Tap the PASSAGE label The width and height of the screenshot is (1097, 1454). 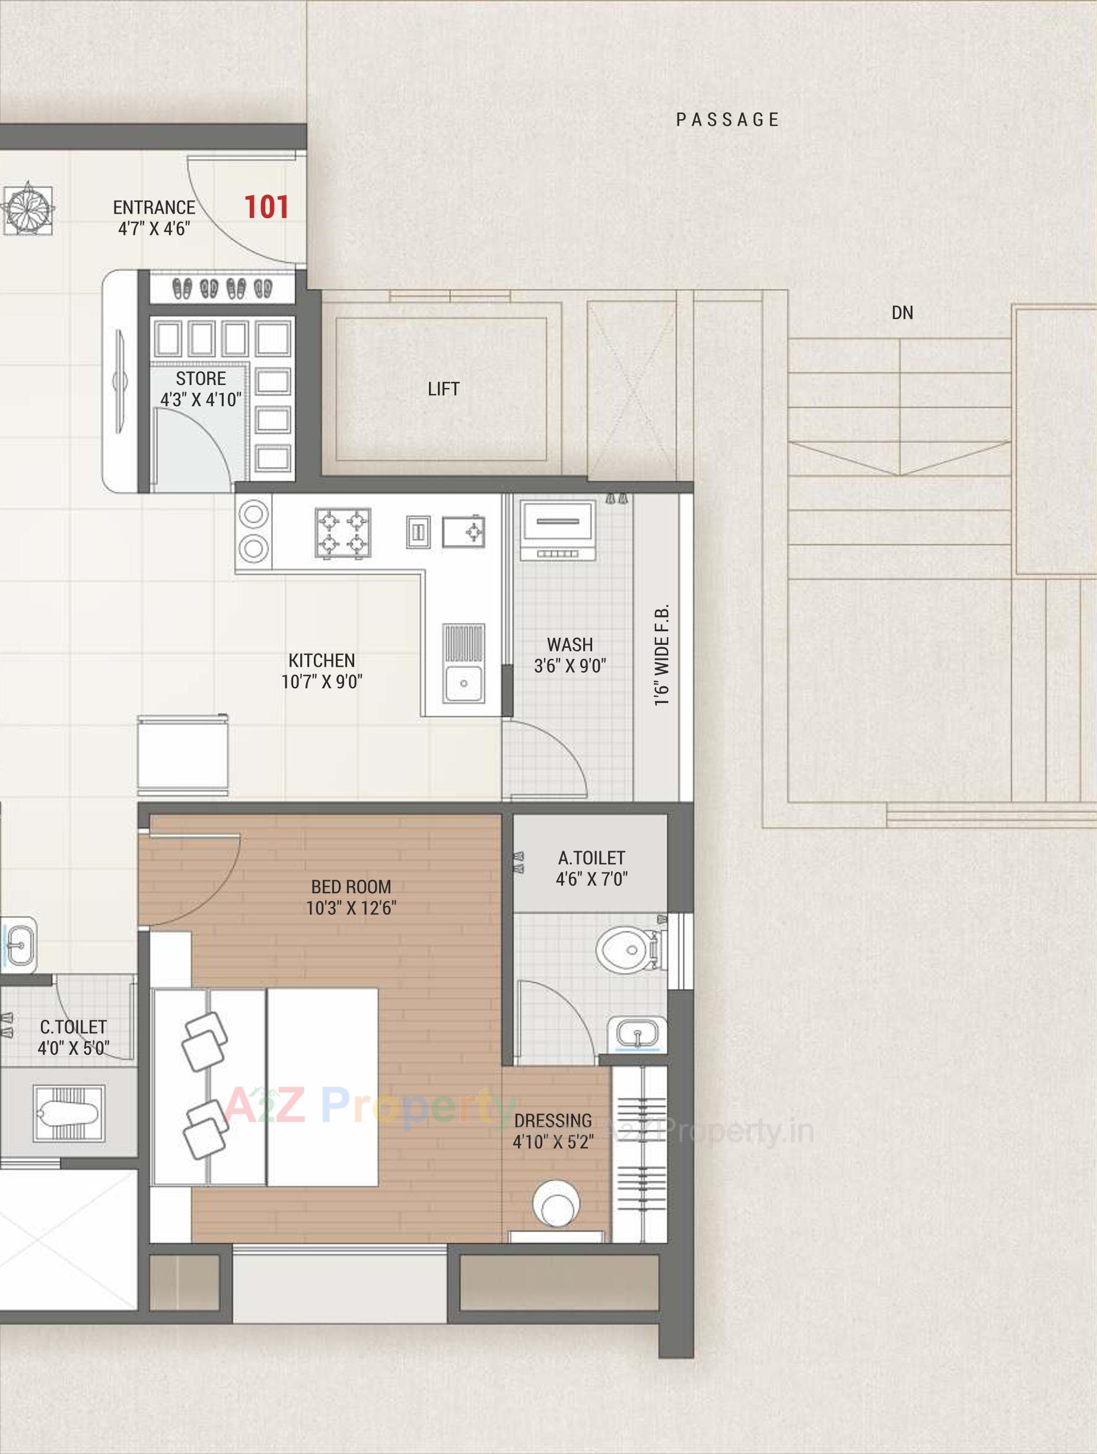coord(727,120)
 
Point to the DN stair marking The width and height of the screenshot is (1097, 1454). coord(902,313)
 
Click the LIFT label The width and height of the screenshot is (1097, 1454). coord(443,389)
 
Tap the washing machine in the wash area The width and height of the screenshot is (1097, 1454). coord(558,530)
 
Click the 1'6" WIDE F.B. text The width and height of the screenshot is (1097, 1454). coord(662,655)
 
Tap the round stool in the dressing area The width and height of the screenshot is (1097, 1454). coord(556,1204)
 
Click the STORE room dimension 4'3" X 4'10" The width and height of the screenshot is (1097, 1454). coord(201,400)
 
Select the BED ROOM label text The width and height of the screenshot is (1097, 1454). coord(351,887)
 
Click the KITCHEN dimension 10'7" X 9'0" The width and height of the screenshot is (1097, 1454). coord(322,682)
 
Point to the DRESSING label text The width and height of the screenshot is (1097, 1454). coord(553,1120)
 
